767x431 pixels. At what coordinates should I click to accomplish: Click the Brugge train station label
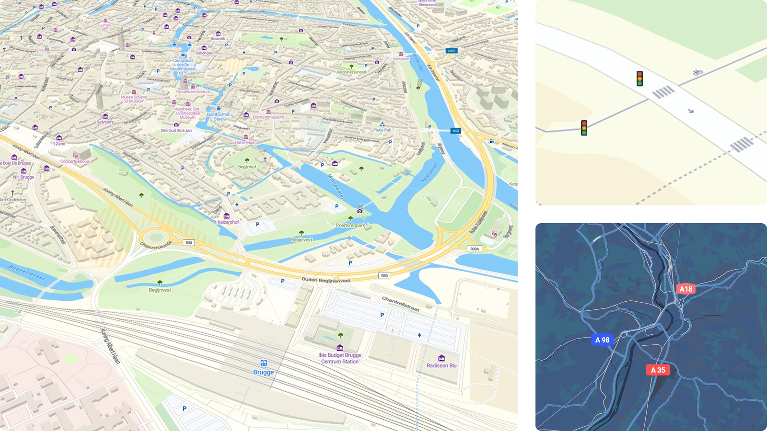[263, 372]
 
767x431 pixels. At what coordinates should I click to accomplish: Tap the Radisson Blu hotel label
[442, 365]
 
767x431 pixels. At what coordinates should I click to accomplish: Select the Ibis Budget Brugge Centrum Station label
[340, 358]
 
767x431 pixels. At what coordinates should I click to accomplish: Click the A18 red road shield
[686, 289]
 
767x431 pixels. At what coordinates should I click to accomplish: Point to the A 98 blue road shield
[602, 340]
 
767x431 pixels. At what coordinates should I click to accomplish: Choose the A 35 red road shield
[658, 370]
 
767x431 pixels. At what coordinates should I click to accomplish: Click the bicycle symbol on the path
[697, 72]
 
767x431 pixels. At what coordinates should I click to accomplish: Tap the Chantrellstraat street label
[401, 304]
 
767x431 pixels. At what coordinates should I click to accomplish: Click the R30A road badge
[474, 249]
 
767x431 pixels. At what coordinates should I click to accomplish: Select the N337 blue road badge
[451, 51]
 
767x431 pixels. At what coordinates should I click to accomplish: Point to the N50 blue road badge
[455, 131]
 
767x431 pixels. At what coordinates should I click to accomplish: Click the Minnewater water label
[336, 186]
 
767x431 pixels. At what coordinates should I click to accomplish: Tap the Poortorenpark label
[350, 225]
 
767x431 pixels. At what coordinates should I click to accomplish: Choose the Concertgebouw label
[75, 161]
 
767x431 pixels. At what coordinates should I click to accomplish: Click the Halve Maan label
[246, 142]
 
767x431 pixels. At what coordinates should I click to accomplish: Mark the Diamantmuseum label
[268, 117]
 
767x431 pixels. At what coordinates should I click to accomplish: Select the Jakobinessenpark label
[351, 72]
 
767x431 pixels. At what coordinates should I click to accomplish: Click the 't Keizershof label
[227, 222]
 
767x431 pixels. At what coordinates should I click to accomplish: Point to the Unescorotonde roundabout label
[156, 245]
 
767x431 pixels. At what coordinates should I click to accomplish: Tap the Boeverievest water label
[27, 273]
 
